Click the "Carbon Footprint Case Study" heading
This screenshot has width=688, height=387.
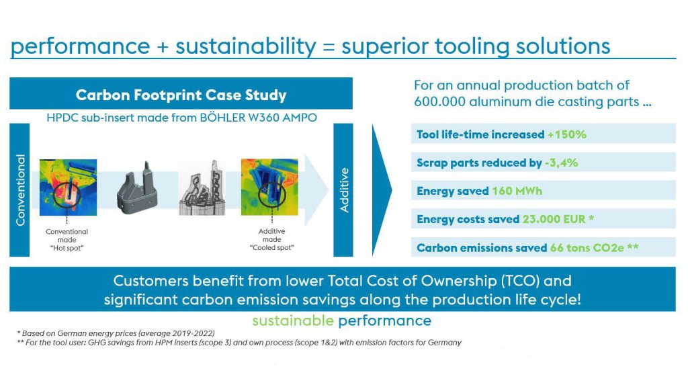pos(181,95)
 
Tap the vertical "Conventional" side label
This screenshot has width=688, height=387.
pos(20,190)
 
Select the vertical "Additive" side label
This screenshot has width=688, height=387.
pos(344,190)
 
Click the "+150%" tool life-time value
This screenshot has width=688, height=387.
pos(567,134)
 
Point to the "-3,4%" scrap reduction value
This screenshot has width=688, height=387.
pos(561,163)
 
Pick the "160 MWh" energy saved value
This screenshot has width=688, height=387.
pos(517,191)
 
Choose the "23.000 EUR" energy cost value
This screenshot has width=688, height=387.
pos(554,219)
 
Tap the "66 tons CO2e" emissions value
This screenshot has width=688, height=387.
pos(587,248)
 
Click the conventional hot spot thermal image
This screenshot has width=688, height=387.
pos(68,187)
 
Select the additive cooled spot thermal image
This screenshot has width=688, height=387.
pos(269,187)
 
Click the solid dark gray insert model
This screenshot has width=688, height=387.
pos(137,189)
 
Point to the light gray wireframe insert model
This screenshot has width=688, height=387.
pos(202,188)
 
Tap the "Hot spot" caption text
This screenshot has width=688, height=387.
pos(67,249)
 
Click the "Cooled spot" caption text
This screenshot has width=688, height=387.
pos(271,248)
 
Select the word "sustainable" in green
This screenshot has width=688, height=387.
pos(293,320)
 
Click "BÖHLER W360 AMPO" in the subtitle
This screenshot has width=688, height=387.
pos(259,118)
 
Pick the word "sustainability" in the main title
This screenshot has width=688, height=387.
pos(246,46)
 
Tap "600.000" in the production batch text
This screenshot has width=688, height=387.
pos(439,102)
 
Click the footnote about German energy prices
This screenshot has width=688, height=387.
pos(116,333)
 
